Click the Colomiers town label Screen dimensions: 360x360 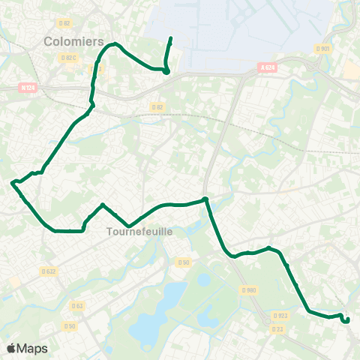[73, 42]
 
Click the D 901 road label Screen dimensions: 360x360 [323, 49]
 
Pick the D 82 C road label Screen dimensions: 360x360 [69, 57]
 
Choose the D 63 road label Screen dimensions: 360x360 [77, 305]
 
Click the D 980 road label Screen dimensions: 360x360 [249, 289]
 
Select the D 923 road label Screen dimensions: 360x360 [281, 316]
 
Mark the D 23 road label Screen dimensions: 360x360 [277, 329]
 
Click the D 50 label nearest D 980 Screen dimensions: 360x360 [184, 262]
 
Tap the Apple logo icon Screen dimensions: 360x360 [11, 348]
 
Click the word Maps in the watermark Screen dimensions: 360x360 [33, 348]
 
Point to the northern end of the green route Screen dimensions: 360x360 [171, 37]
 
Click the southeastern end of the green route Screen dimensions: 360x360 [347, 321]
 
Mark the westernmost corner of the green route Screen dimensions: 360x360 [13, 182]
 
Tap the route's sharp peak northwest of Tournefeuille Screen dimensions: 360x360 [102, 205]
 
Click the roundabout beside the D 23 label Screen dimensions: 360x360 [268, 323]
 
